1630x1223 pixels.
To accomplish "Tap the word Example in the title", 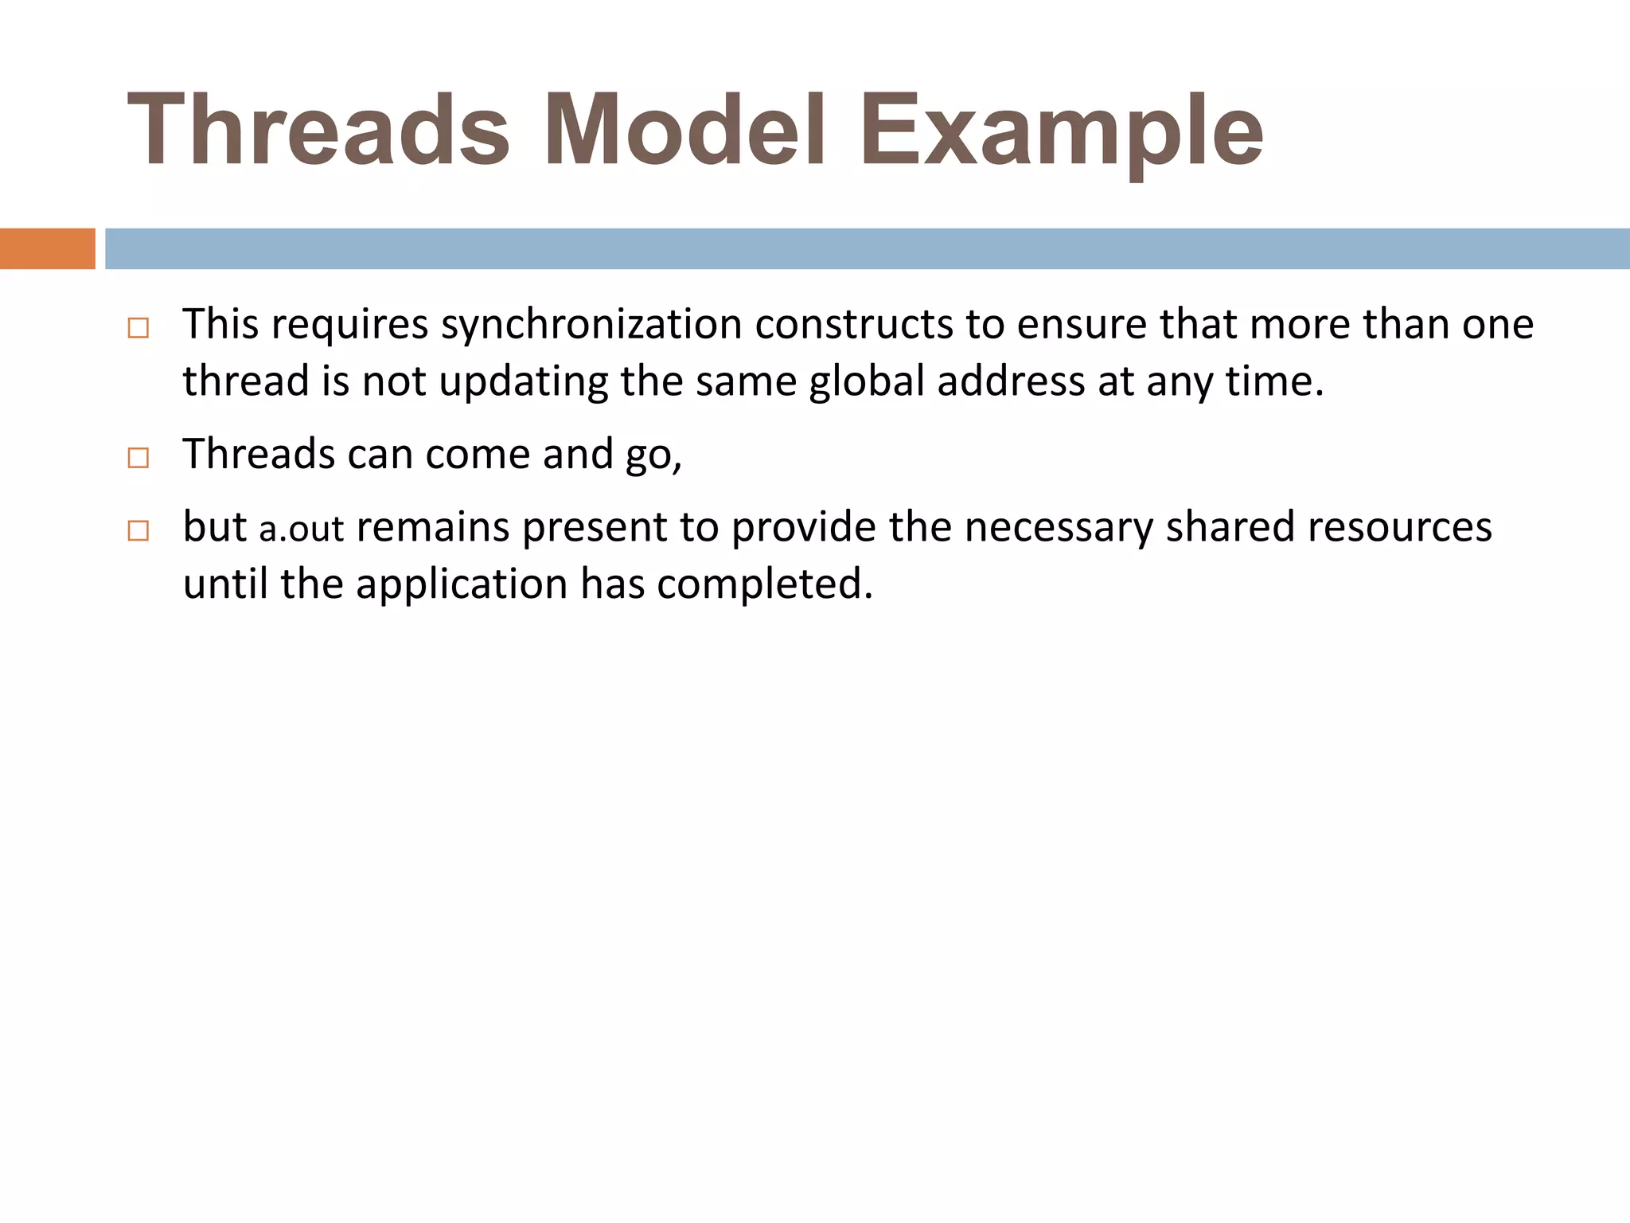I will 1061,131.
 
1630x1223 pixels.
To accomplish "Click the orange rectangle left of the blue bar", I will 47,248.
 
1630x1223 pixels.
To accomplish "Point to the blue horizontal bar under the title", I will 867,248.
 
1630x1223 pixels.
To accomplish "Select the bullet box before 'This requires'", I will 138,328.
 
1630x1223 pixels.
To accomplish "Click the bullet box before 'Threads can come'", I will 138,458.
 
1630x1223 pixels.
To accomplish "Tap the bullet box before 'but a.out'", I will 138,531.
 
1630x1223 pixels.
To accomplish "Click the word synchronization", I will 591,325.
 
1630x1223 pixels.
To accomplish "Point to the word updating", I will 524,382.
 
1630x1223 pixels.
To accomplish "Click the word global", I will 867,382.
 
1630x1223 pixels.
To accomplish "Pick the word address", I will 1011,382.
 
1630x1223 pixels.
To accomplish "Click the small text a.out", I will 302,529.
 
